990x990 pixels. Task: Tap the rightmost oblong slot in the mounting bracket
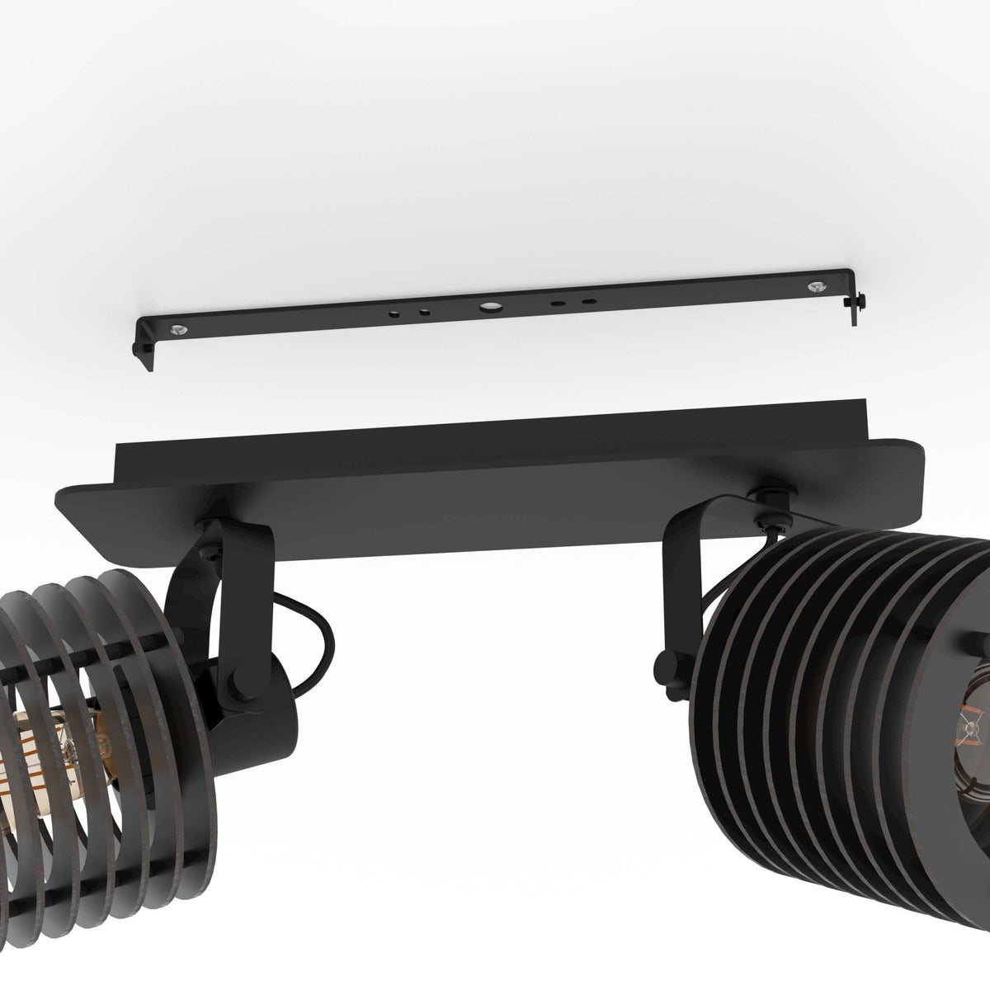point(588,301)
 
